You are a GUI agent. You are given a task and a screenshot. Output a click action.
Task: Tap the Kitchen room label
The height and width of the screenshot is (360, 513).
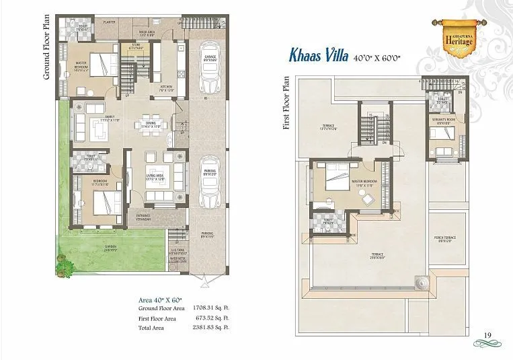point(166,88)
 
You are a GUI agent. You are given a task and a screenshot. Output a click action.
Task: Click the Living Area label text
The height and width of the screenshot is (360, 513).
point(156,178)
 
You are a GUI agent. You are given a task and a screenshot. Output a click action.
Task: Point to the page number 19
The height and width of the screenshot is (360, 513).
point(487,335)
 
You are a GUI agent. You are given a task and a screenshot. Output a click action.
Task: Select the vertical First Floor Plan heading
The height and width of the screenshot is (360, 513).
point(286,104)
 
